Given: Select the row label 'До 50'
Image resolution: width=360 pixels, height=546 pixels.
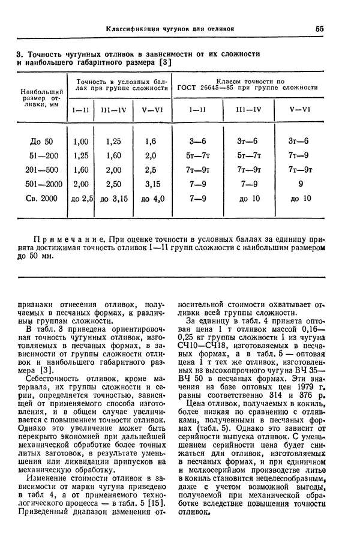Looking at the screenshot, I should (x=41, y=142).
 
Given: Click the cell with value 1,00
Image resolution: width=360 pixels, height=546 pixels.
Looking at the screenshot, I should (x=80, y=142).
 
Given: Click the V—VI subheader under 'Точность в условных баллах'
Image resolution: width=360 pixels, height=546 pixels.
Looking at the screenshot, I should (x=150, y=109).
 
